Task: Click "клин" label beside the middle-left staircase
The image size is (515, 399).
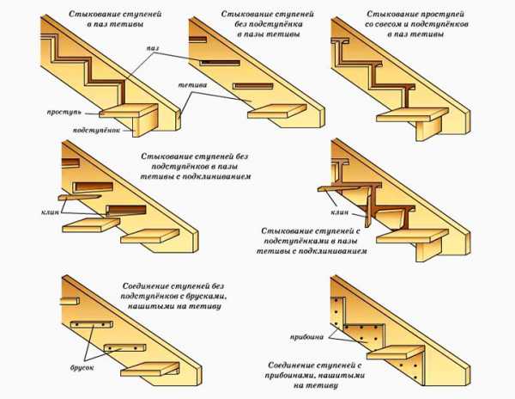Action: pyautogui.click(x=49, y=212)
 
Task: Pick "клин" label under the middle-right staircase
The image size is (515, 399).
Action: pyautogui.click(x=341, y=212)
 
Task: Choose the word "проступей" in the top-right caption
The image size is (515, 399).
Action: pyautogui.click(x=436, y=15)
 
